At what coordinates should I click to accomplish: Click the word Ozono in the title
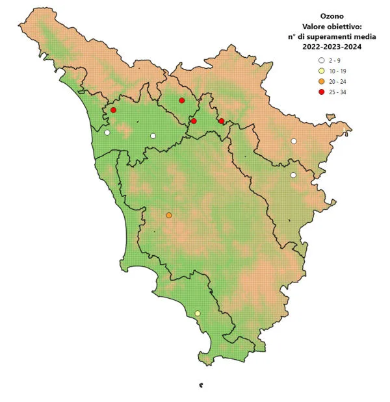pyautogui.click(x=332, y=15)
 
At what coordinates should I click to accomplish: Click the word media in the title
pyautogui.click(x=359, y=36)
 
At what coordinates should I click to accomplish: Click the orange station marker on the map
pyautogui.click(x=169, y=215)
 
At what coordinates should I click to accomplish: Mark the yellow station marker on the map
pyautogui.click(x=198, y=314)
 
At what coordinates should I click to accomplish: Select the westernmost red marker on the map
pyautogui.click(x=113, y=110)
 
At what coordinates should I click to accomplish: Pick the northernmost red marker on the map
pyautogui.click(x=182, y=100)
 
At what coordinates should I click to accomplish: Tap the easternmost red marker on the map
pyautogui.click(x=222, y=121)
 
